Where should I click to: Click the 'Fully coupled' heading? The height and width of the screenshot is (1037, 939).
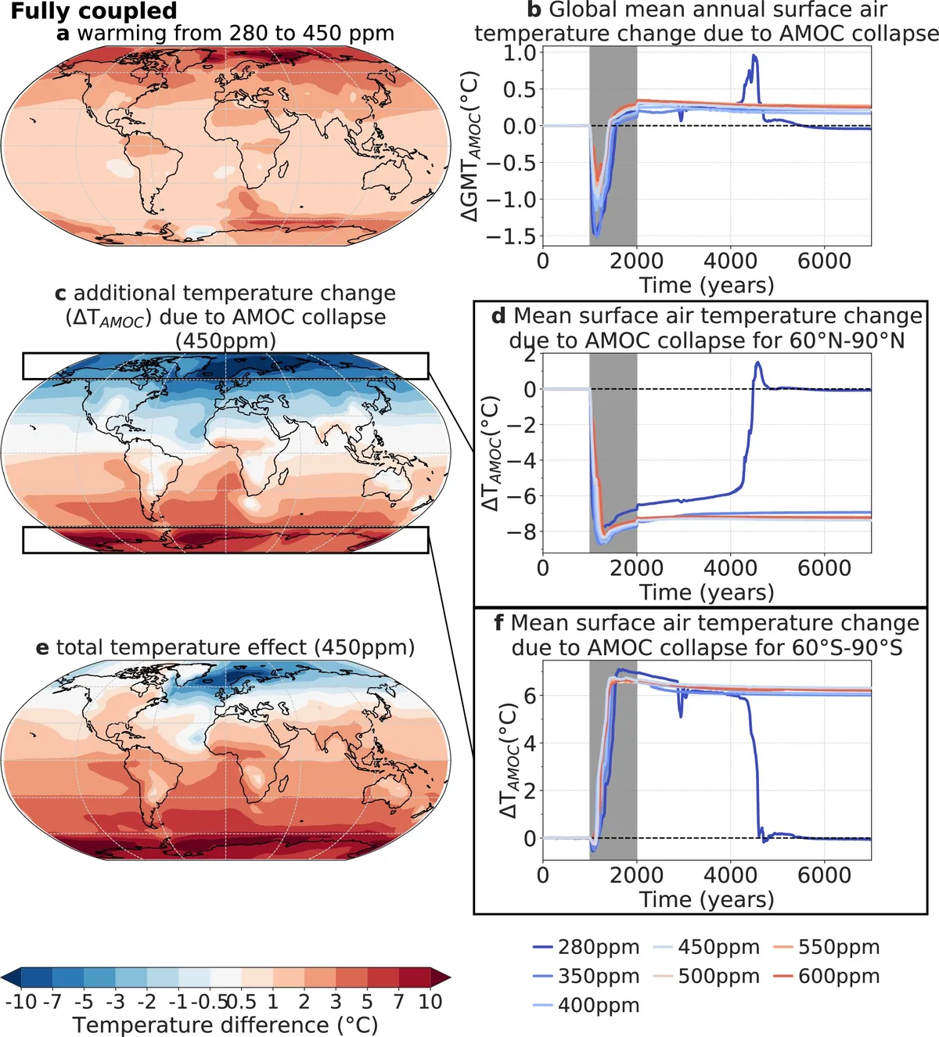94,11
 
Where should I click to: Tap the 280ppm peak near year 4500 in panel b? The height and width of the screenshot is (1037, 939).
754,56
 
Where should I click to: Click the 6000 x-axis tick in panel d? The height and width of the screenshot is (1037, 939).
824,567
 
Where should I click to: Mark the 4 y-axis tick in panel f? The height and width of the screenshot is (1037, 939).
530,744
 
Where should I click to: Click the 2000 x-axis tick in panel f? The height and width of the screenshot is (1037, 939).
637,874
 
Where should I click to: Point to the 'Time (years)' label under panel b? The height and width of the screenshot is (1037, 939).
707,285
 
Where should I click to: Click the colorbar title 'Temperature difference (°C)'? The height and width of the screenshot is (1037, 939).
225,1024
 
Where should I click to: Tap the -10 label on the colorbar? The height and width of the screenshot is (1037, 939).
21,1002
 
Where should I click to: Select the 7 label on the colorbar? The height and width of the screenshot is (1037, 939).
399,1002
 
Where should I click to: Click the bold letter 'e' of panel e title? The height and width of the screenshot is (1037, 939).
42,648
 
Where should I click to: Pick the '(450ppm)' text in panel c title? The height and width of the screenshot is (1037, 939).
225,341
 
